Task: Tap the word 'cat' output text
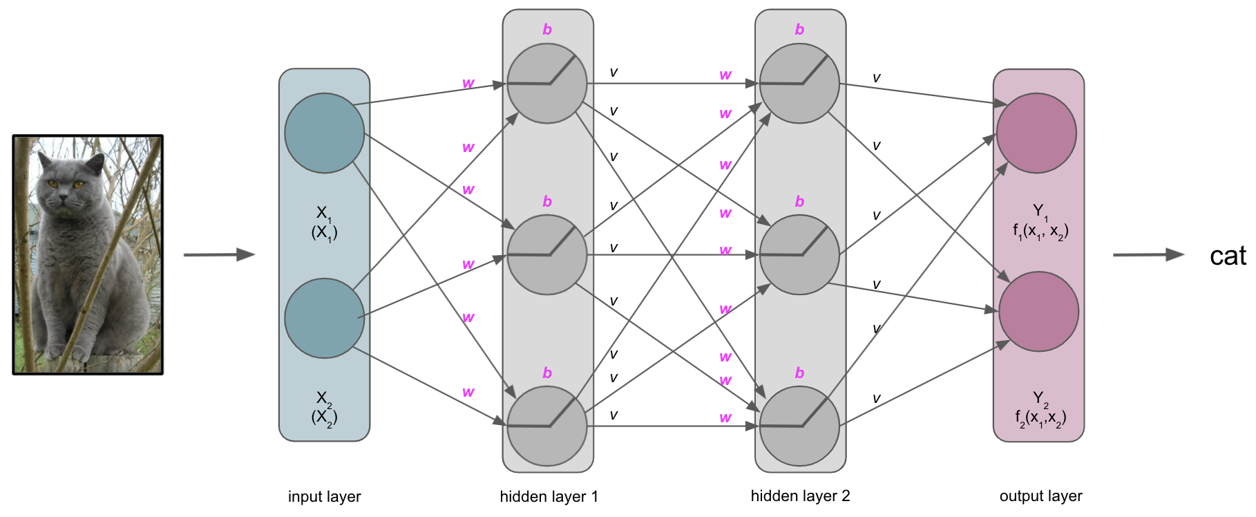[1228, 256]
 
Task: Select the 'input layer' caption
[324, 496]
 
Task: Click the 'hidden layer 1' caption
[549, 496]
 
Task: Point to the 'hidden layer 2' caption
[800, 496]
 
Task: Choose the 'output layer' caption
[1040, 496]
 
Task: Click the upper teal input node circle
[324, 133]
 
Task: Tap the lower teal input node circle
[324, 318]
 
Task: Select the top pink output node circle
[1036, 133]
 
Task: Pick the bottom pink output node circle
[1038, 312]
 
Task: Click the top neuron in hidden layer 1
[547, 84]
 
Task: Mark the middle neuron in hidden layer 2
[799, 255]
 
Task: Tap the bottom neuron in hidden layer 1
[547, 426]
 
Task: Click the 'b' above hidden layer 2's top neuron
[799, 30]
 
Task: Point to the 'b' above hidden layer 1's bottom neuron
[547, 373]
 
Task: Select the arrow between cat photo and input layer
[219, 255]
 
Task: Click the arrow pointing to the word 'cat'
[1148, 255]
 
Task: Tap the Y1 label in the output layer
[1039, 211]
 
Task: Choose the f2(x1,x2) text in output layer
[1040, 418]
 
